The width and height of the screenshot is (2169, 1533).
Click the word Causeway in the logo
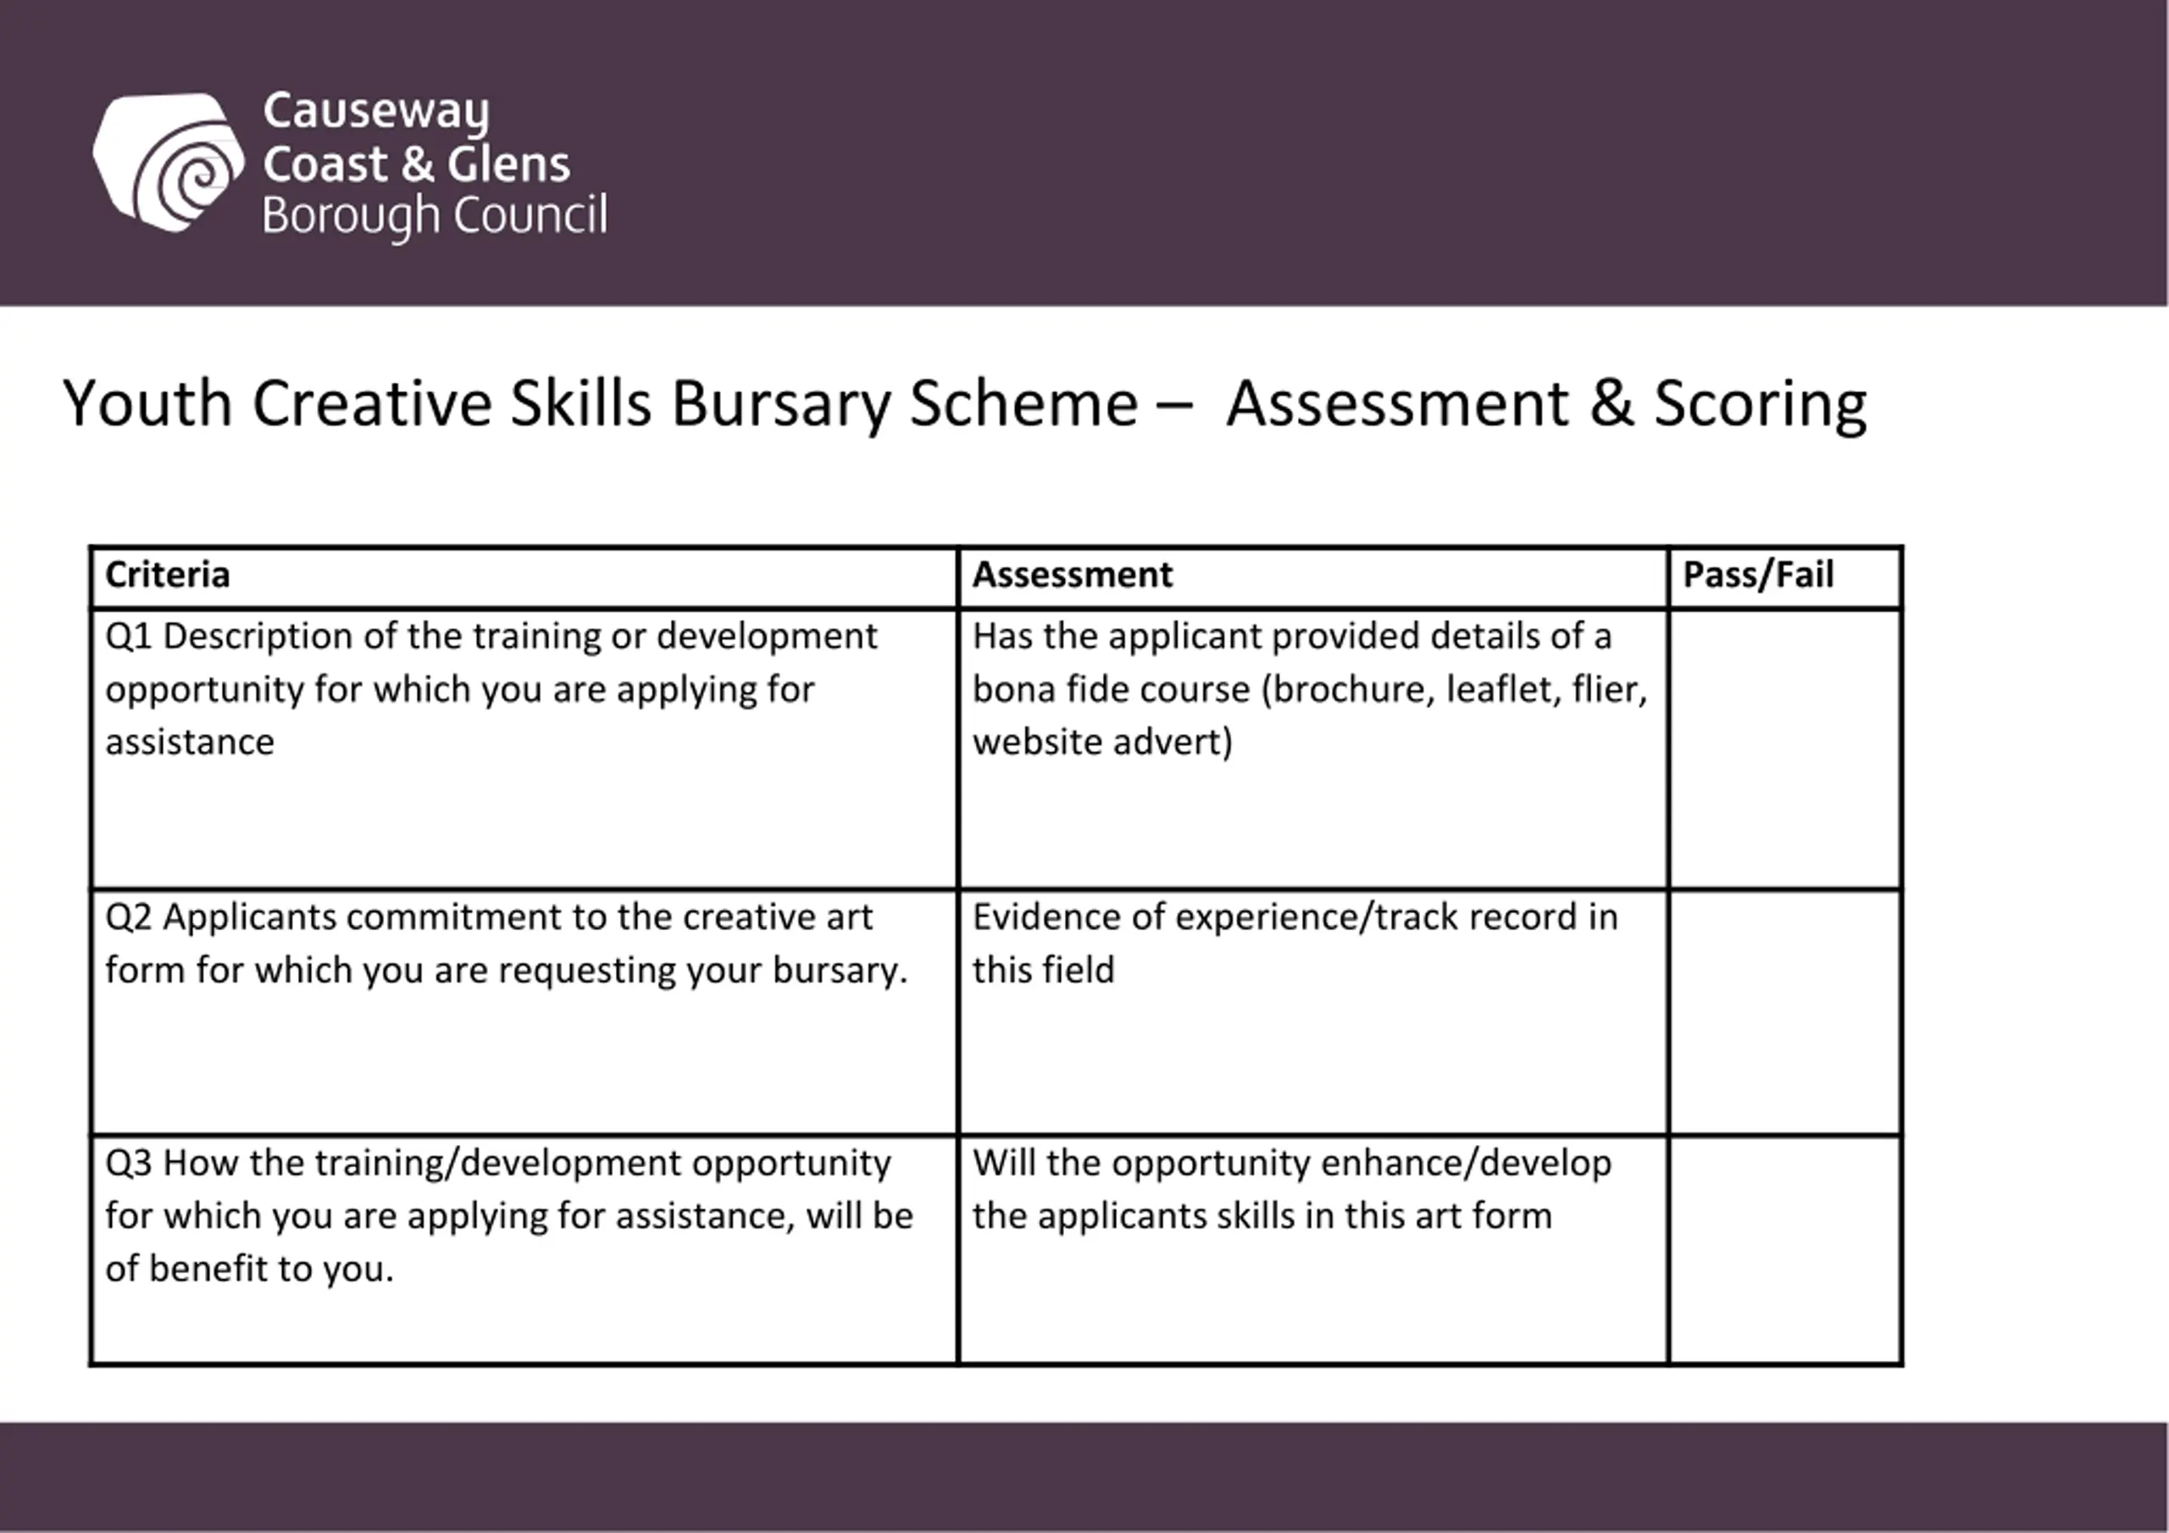(376, 112)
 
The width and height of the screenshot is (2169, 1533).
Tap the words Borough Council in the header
(435, 216)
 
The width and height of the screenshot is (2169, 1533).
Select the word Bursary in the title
(780, 404)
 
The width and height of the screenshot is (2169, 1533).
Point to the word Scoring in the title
(1760, 404)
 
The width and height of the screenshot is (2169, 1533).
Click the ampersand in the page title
(1611, 403)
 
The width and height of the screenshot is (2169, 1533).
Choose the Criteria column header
(167, 575)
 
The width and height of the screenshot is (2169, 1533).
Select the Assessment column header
(1073, 575)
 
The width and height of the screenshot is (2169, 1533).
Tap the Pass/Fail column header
(1758, 575)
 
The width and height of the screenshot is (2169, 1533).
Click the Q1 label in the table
(129, 637)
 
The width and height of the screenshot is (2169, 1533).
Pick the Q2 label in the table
(129, 917)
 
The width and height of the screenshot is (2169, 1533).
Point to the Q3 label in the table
(129, 1163)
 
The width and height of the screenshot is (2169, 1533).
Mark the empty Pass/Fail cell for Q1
(1784, 749)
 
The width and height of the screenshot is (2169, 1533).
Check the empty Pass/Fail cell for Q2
(1784, 1011)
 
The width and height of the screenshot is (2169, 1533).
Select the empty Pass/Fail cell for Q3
(1784, 1249)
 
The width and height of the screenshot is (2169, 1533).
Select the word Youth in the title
(147, 404)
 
